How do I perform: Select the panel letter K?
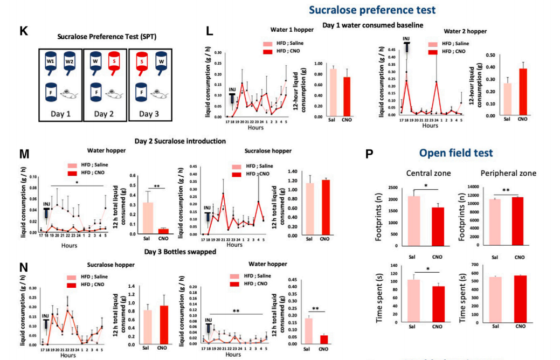(x=23, y=31)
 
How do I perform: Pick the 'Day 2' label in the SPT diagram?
(x=105, y=114)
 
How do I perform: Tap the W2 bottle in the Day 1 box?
(x=69, y=62)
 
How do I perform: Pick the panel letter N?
(x=24, y=268)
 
